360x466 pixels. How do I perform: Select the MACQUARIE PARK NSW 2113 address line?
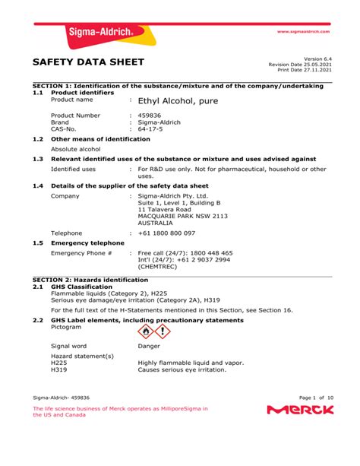182,216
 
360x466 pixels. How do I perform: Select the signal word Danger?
149,346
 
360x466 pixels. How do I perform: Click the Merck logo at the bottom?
300,411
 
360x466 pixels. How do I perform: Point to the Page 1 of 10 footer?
317,397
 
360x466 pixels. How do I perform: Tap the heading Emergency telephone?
87,243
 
